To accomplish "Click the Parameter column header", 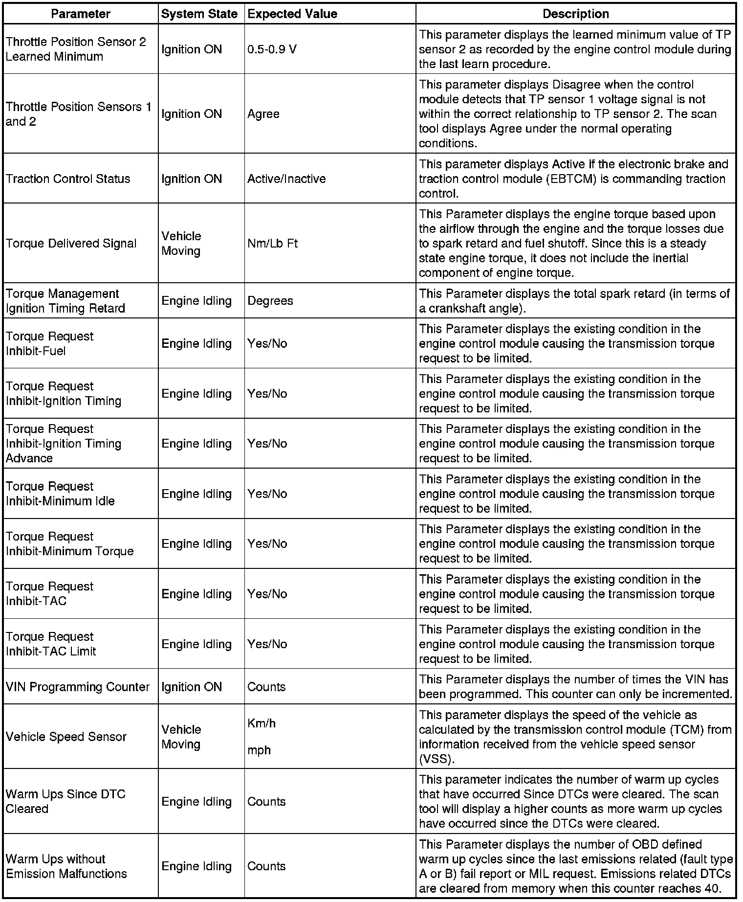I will tap(81, 14).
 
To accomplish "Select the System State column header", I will tap(199, 14).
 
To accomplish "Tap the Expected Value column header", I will tap(292, 14).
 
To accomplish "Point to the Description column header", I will tap(576, 14).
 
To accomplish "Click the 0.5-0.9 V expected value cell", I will tap(272, 49).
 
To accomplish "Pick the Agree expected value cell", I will tap(263, 114).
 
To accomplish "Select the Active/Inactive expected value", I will tap(286, 179).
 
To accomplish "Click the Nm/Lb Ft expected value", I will tap(272, 244).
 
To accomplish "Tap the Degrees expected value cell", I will tap(270, 301).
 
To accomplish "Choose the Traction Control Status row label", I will tap(68, 179).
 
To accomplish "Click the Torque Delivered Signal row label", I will tap(71, 244).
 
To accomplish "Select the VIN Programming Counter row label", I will tap(78, 687).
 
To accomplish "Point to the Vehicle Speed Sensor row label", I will tap(66, 737).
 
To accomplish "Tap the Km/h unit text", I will tap(262, 723).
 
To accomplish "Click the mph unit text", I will tap(259, 750).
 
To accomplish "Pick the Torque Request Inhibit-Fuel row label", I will tap(49, 344).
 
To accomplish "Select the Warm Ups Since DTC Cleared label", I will tap(66, 801).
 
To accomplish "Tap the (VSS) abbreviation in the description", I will tap(437, 759).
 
